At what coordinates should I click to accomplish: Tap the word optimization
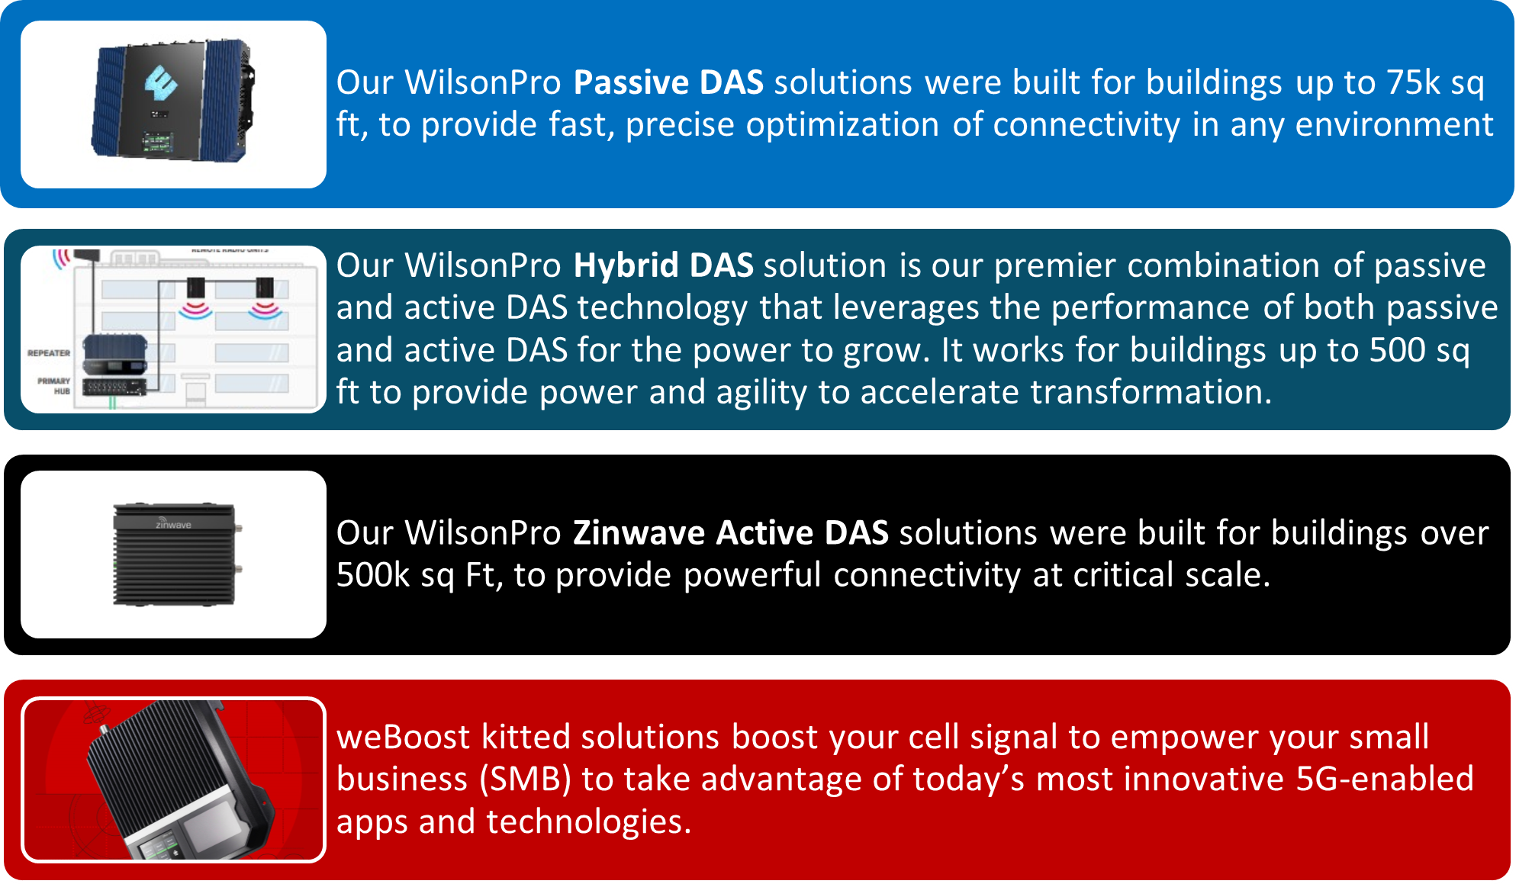point(842,124)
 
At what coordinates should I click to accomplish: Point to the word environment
point(1394,124)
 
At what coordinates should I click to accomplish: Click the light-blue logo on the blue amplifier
point(161,83)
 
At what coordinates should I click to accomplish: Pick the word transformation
point(1150,392)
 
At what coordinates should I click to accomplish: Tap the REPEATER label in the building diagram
point(49,353)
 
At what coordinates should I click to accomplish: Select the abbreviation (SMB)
point(526,780)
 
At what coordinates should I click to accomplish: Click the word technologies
point(588,822)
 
